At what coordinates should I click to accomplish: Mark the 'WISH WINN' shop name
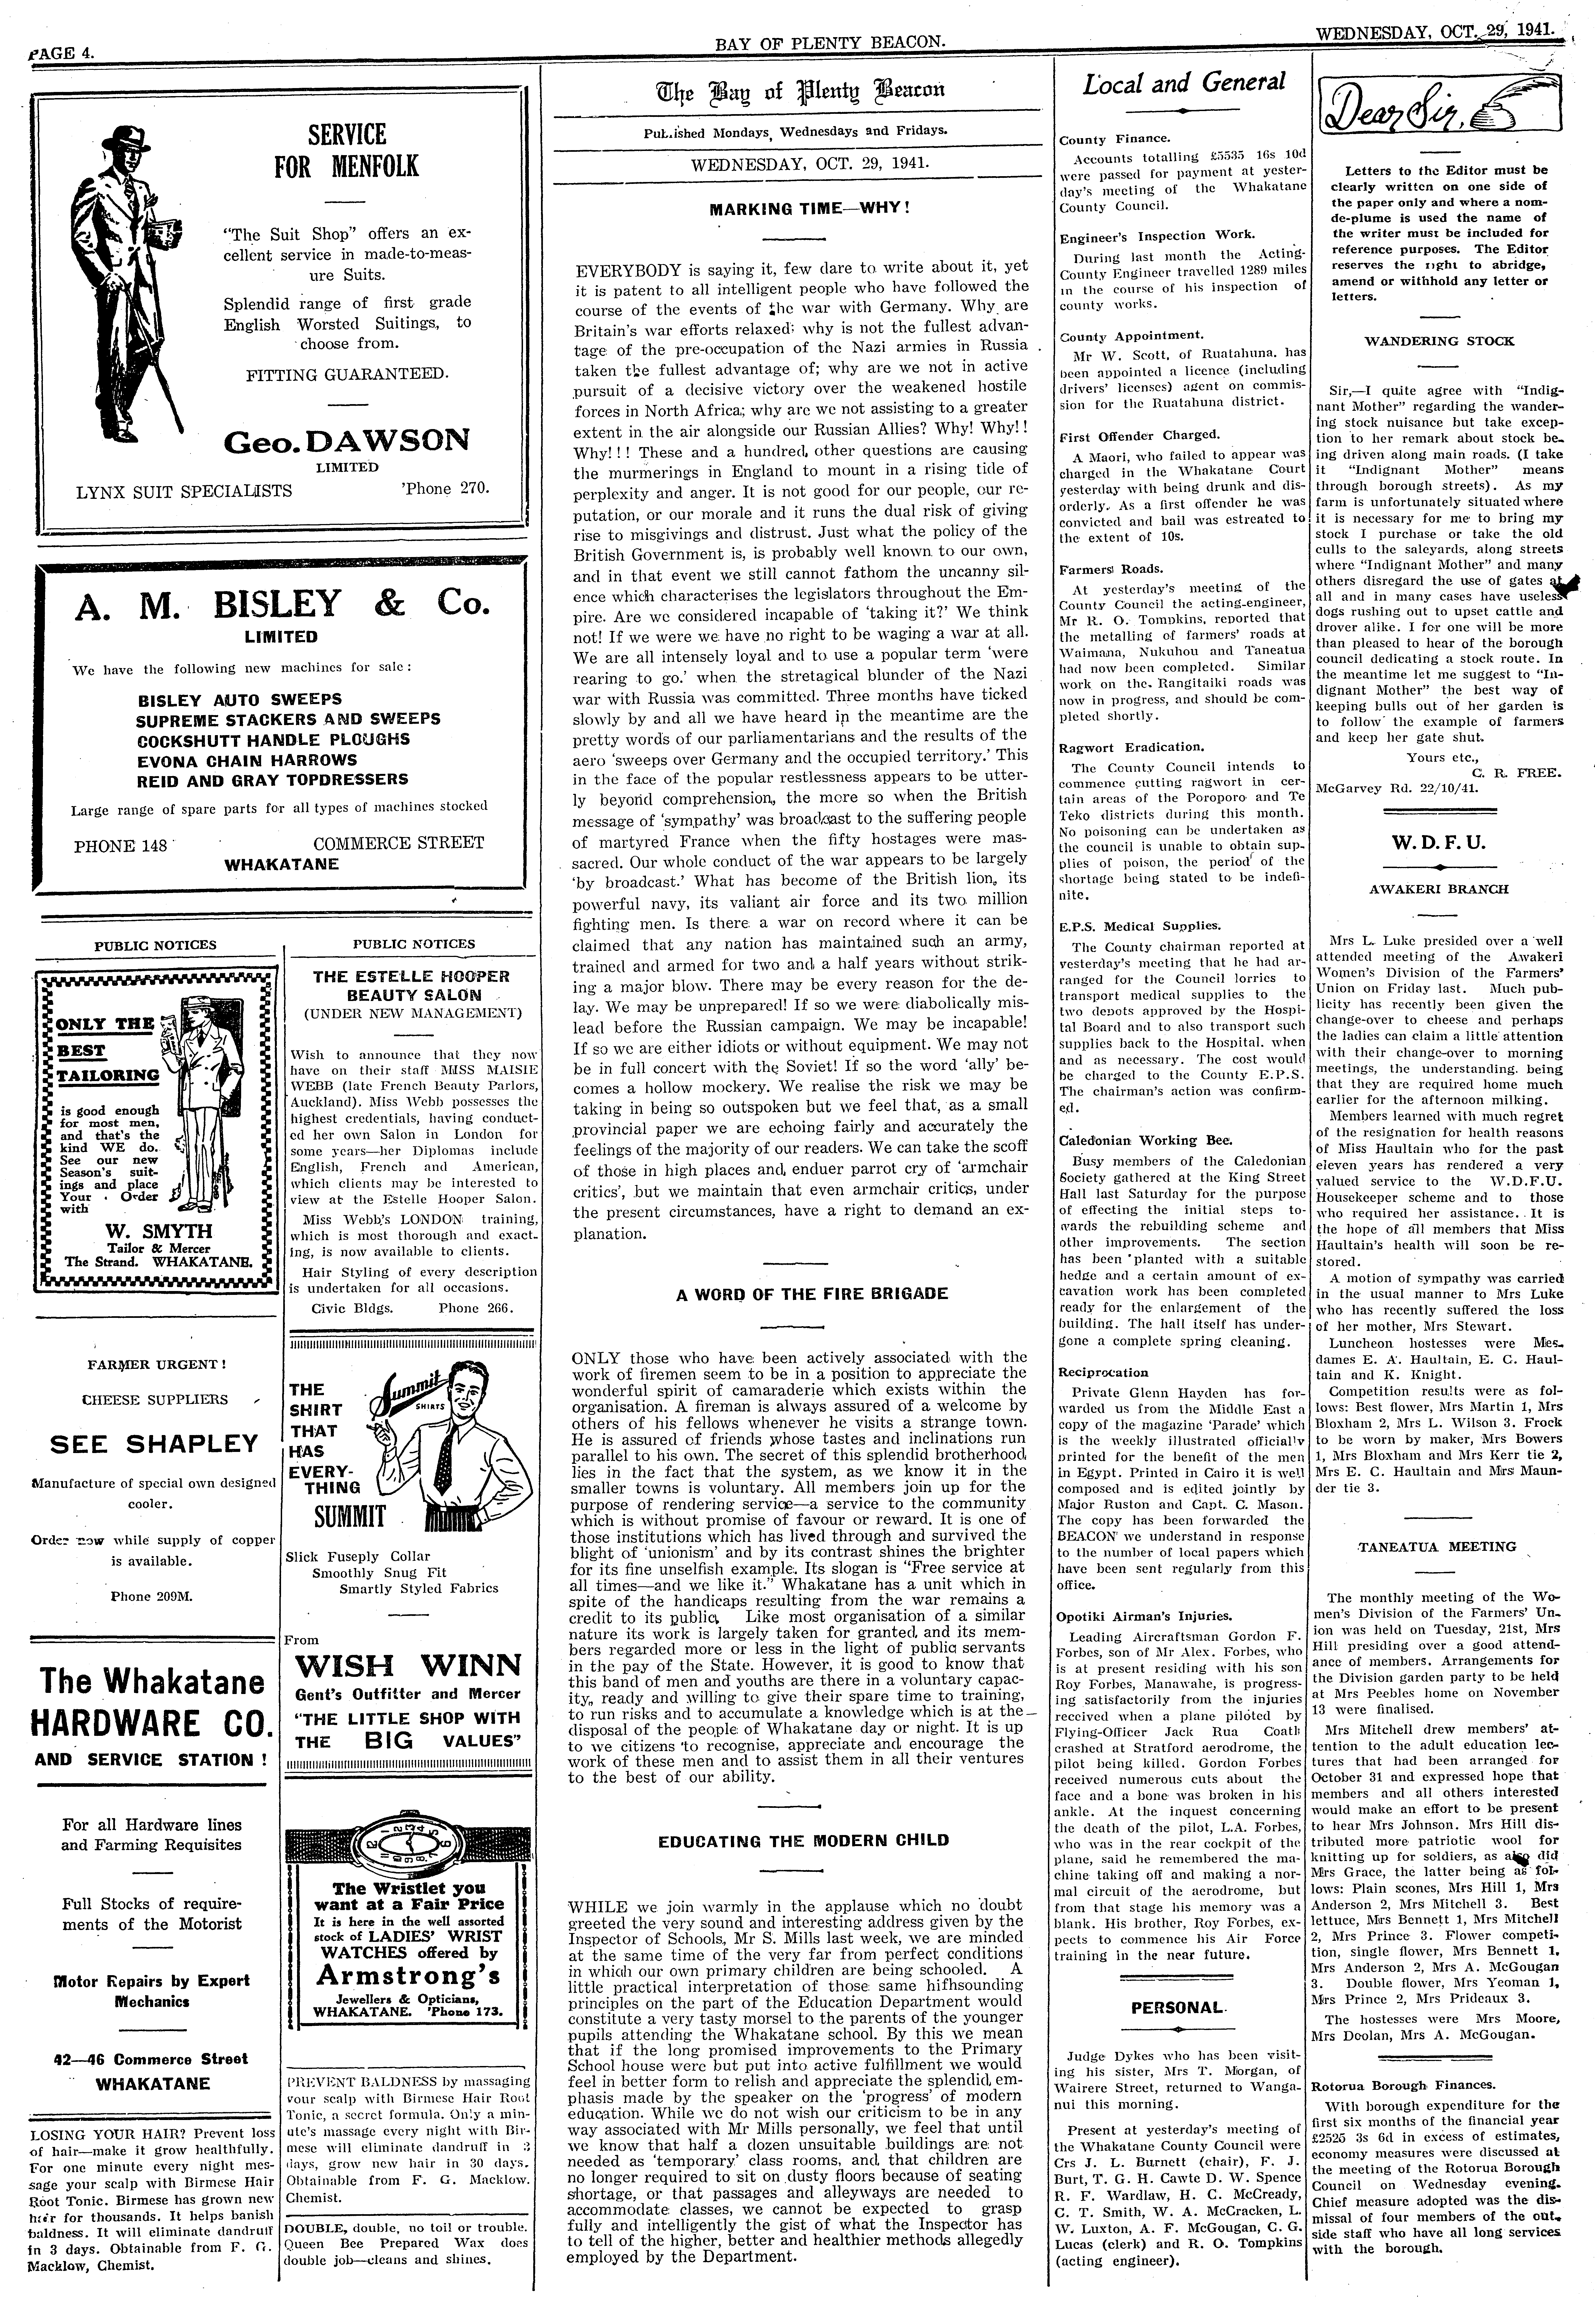pyautogui.click(x=409, y=1665)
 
